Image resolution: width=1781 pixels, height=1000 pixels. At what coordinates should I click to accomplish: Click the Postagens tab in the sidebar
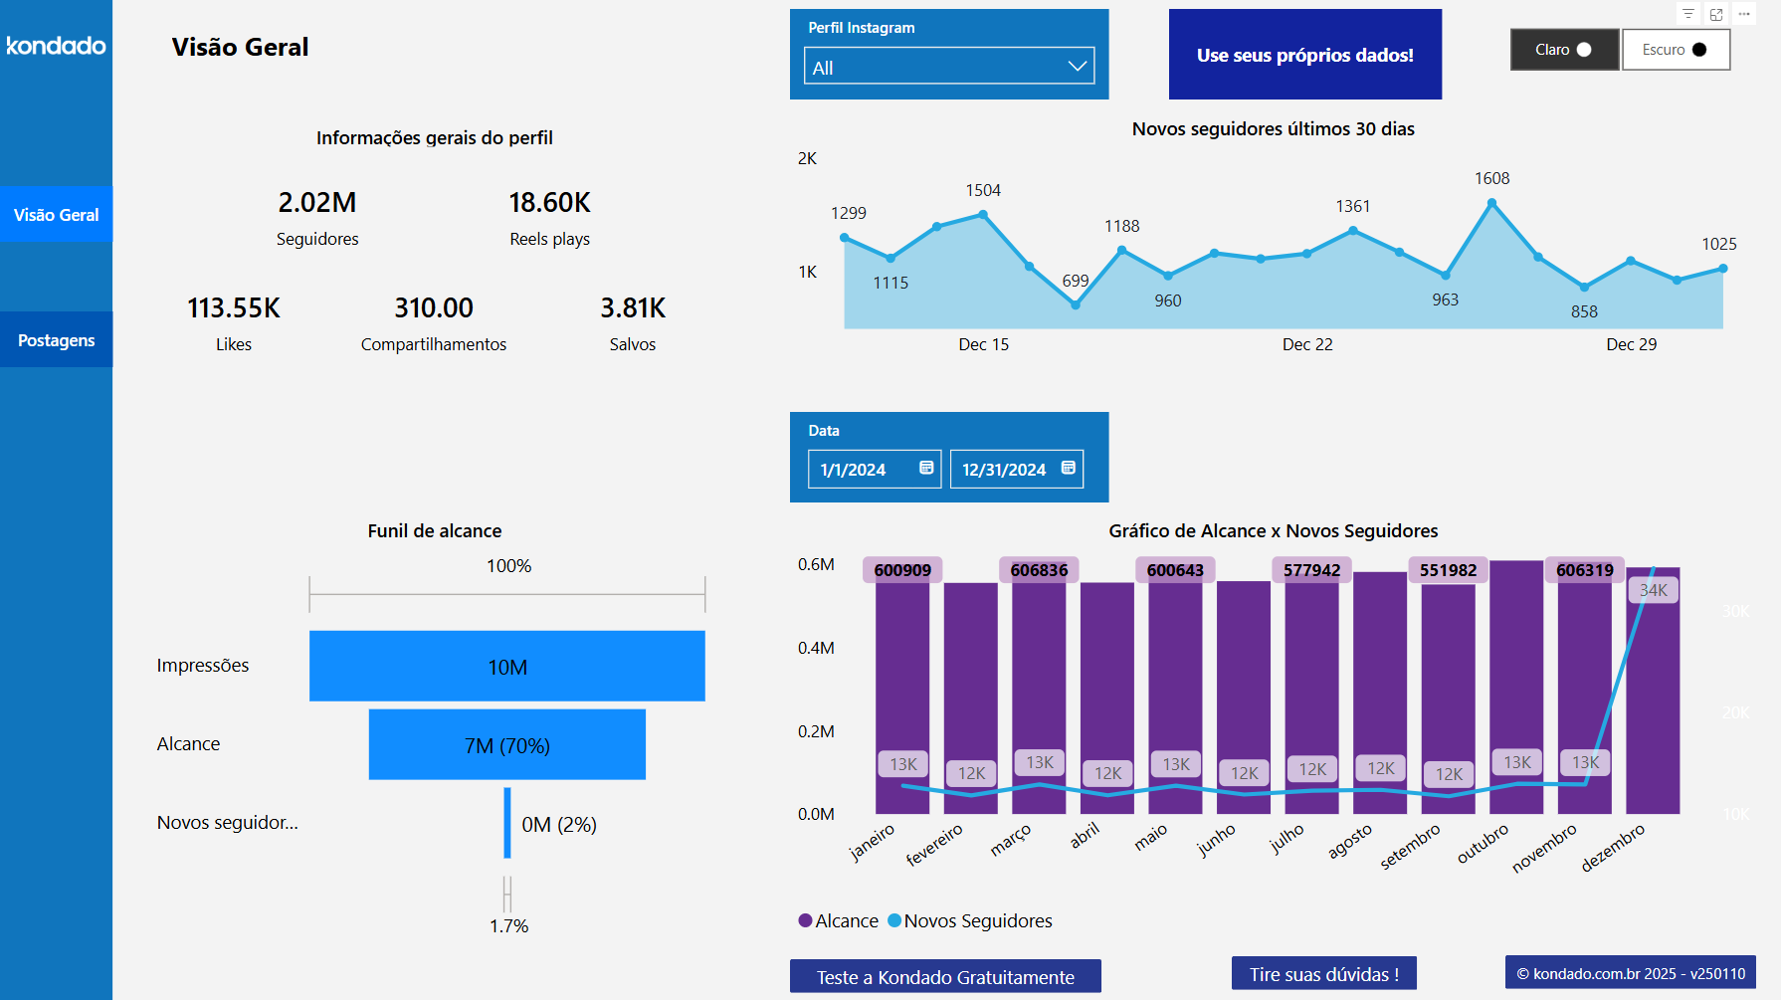56,340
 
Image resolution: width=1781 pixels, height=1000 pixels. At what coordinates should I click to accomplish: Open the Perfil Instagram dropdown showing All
948,67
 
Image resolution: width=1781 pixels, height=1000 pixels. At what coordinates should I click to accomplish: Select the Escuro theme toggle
1676,50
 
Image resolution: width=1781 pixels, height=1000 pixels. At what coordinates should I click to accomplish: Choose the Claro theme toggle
1564,50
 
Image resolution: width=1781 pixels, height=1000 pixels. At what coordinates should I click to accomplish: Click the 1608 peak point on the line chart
1491,203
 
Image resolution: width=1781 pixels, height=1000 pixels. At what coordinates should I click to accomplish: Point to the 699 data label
1075,281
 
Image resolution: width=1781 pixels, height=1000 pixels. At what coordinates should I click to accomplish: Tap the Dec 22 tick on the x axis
1306,344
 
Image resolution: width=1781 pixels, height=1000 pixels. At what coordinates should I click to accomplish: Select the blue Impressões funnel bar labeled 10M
506,666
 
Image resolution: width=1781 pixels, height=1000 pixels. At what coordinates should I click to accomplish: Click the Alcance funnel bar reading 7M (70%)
506,744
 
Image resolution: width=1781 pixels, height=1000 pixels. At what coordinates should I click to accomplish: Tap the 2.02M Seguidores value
317,203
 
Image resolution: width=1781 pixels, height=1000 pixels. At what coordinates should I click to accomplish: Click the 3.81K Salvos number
633,308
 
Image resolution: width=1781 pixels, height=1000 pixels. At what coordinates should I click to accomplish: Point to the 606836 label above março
1038,570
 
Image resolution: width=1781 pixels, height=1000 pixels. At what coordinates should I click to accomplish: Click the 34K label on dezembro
1653,590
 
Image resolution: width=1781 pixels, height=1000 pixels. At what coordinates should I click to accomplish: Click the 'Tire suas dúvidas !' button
1323,974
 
